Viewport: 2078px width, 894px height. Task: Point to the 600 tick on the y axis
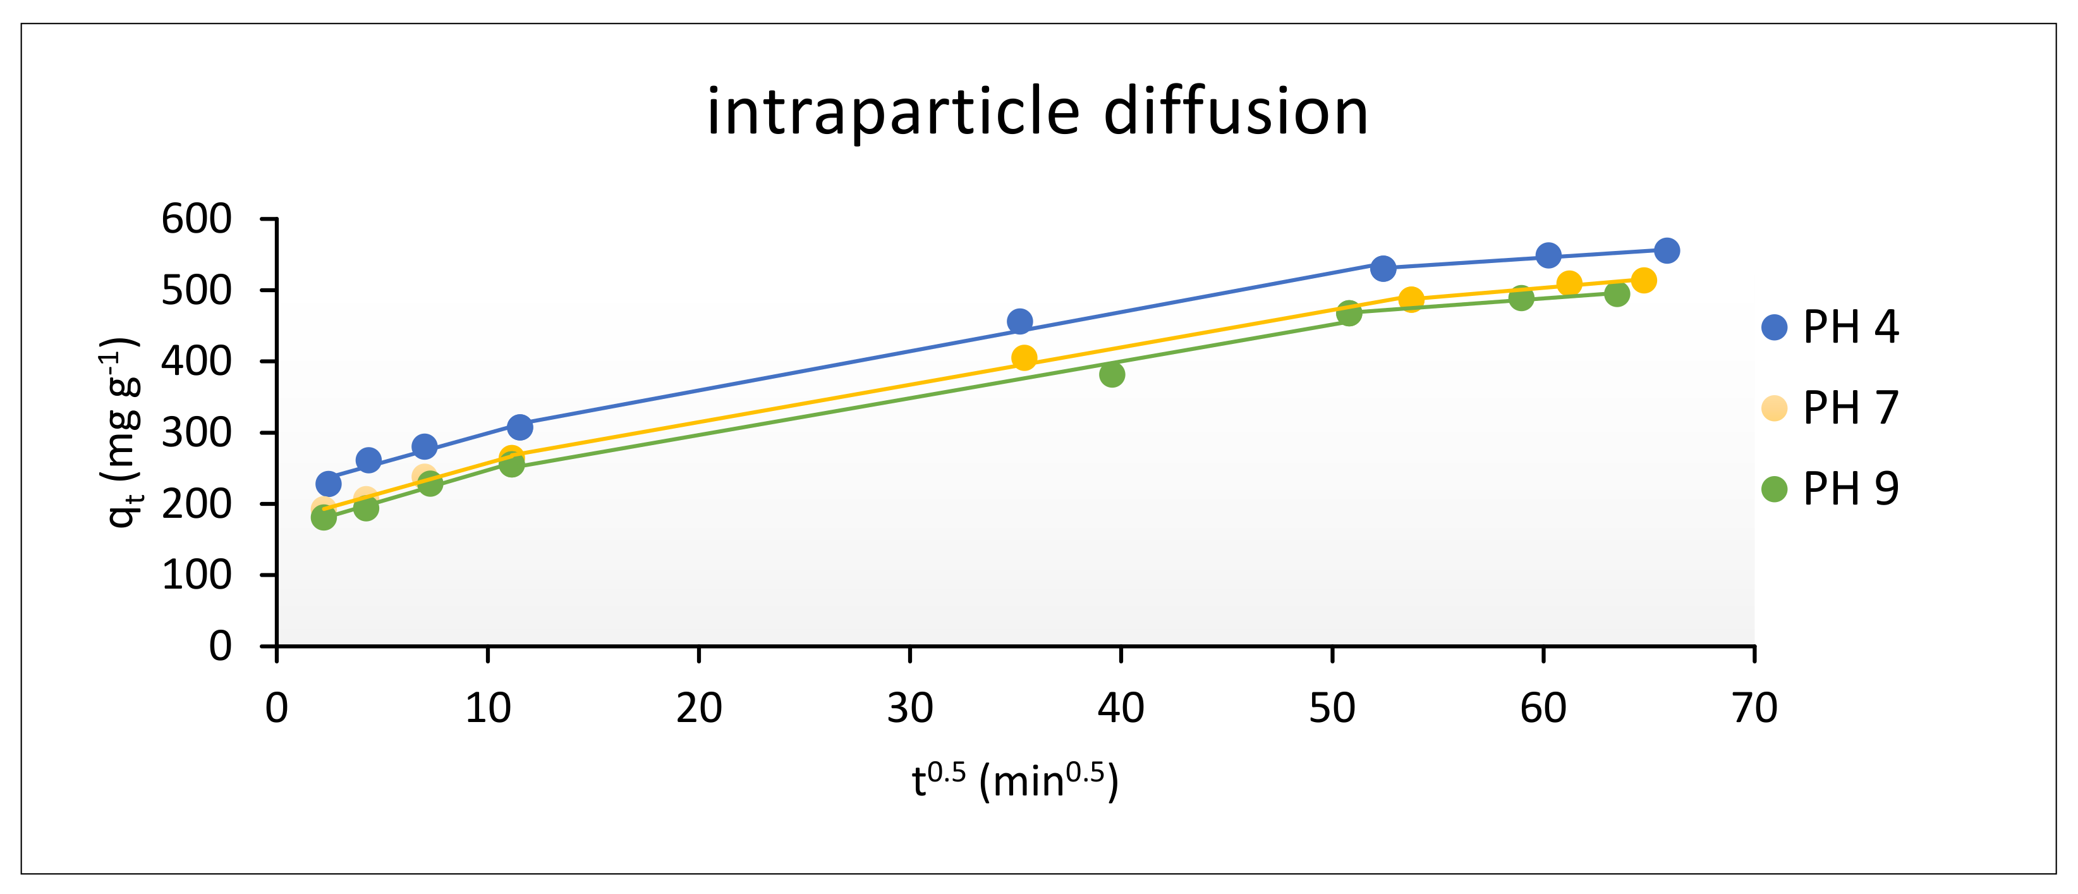point(196,219)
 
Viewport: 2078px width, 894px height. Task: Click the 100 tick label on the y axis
point(196,575)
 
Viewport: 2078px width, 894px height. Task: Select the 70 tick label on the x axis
point(1754,708)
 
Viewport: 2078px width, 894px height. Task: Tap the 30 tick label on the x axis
point(910,708)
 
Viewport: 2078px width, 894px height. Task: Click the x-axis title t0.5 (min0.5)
point(1015,781)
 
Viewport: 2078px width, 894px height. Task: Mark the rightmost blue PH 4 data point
point(1667,251)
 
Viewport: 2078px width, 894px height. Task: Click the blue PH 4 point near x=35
point(1019,322)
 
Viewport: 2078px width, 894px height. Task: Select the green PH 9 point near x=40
point(1112,374)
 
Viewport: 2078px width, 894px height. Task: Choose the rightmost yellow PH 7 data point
point(1643,281)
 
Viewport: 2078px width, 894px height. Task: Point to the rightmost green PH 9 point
point(1617,294)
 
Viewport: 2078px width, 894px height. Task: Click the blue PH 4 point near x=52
point(1383,269)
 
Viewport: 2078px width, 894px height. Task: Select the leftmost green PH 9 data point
point(324,517)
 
